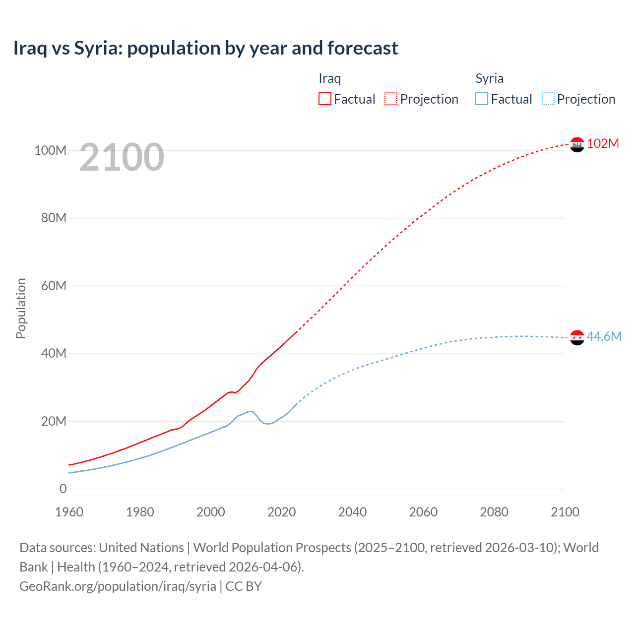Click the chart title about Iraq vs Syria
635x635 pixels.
(x=205, y=48)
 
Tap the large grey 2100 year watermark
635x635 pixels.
(x=122, y=157)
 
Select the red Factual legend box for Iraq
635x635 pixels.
(x=325, y=99)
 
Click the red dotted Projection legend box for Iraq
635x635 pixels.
(x=391, y=99)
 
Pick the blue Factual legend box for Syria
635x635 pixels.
(x=482, y=99)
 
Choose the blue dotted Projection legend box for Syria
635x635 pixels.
(x=548, y=99)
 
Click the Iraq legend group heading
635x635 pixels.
(x=329, y=78)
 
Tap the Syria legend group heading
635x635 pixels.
(x=489, y=78)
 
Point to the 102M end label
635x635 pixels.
(x=603, y=143)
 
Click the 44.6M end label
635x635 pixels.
(x=604, y=336)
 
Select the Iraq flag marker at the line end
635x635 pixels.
(x=577, y=144)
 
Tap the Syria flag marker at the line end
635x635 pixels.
(x=577, y=337)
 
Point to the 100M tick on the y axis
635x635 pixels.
(x=50, y=150)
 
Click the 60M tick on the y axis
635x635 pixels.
(x=53, y=286)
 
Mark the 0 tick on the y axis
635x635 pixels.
(x=63, y=489)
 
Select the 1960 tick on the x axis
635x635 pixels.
(x=69, y=512)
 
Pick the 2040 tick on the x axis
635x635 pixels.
(x=352, y=512)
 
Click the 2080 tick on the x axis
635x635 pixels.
(x=494, y=512)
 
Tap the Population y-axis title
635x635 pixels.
(x=21, y=308)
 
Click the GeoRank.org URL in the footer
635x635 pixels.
(x=118, y=586)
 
